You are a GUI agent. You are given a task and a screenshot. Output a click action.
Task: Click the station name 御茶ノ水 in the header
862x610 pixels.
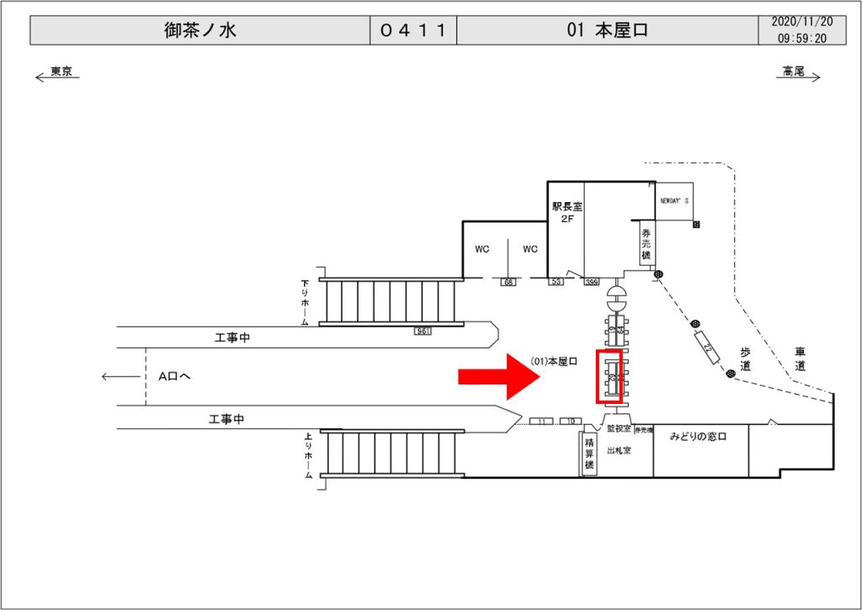click(200, 31)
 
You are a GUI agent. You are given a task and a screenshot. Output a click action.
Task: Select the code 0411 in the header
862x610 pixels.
click(412, 31)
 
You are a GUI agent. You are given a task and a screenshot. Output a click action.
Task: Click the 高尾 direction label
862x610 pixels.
click(793, 72)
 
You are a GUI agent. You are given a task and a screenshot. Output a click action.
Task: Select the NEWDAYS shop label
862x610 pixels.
click(673, 201)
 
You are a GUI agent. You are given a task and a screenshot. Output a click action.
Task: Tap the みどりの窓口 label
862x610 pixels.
click(697, 437)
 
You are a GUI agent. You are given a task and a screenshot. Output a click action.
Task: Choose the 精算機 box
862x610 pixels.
click(588, 455)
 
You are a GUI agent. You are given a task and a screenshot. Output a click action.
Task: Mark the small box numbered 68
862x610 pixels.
click(508, 281)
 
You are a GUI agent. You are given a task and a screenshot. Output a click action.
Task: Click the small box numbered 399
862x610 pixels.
click(591, 281)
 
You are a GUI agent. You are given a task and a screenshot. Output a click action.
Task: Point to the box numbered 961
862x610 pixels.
click(423, 332)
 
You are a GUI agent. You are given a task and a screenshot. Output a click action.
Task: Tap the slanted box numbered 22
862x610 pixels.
click(707, 348)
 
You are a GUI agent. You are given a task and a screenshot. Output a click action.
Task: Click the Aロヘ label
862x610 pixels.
click(174, 376)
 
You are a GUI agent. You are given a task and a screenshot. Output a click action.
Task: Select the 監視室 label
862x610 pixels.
click(619, 429)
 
